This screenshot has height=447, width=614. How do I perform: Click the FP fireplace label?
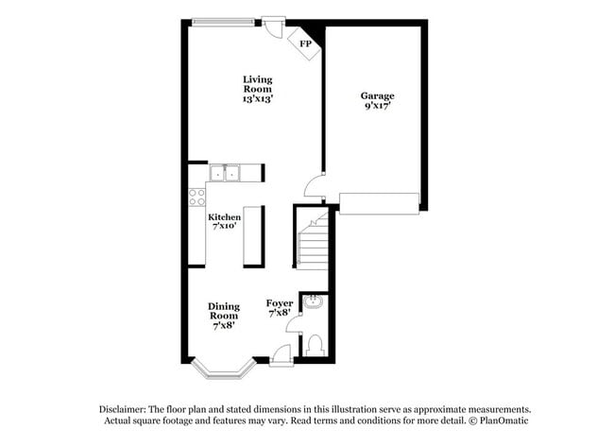pyautogui.click(x=305, y=43)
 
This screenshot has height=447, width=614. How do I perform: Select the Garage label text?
pyautogui.click(x=377, y=95)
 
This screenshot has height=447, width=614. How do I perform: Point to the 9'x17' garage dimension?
pyautogui.click(x=377, y=106)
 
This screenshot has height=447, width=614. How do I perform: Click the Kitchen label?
pyautogui.click(x=224, y=217)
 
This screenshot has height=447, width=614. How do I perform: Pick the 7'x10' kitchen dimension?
pyautogui.click(x=224, y=227)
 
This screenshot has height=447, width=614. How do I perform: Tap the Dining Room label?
pyautogui.click(x=224, y=311)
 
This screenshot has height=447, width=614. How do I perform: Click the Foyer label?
pyautogui.click(x=280, y=303)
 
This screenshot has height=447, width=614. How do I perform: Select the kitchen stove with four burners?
pyautogui.click(x=197, y=197)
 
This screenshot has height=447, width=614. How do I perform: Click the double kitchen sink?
pyautogui.click(x=225, y=172)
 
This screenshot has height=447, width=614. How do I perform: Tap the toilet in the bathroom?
pyautogui.click(x=315, y=346)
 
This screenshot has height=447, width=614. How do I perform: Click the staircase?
pyautogui.click(x=313, y=242)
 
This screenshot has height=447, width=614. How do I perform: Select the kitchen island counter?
pyautogui.click(x=253, y=235)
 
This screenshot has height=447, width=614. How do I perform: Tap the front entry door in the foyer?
pyautogui.click(x=281, y=354)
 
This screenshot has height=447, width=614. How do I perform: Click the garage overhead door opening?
pyautogui.click(x=379, y=203)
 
